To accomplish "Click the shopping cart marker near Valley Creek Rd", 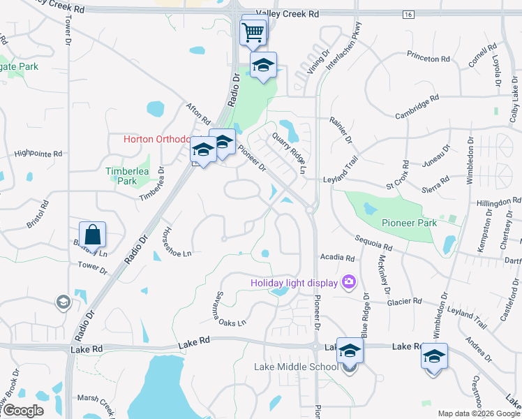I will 252,31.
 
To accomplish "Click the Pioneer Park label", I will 409,223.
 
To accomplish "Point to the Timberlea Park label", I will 121,176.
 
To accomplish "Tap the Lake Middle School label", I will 297,367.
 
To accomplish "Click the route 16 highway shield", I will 408,14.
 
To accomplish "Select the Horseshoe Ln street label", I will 177,243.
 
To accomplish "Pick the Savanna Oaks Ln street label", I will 230,309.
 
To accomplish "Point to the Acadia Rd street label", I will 337,258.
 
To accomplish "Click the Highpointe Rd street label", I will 38,153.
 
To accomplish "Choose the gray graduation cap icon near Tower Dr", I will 64,302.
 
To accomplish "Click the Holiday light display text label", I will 294,283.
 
